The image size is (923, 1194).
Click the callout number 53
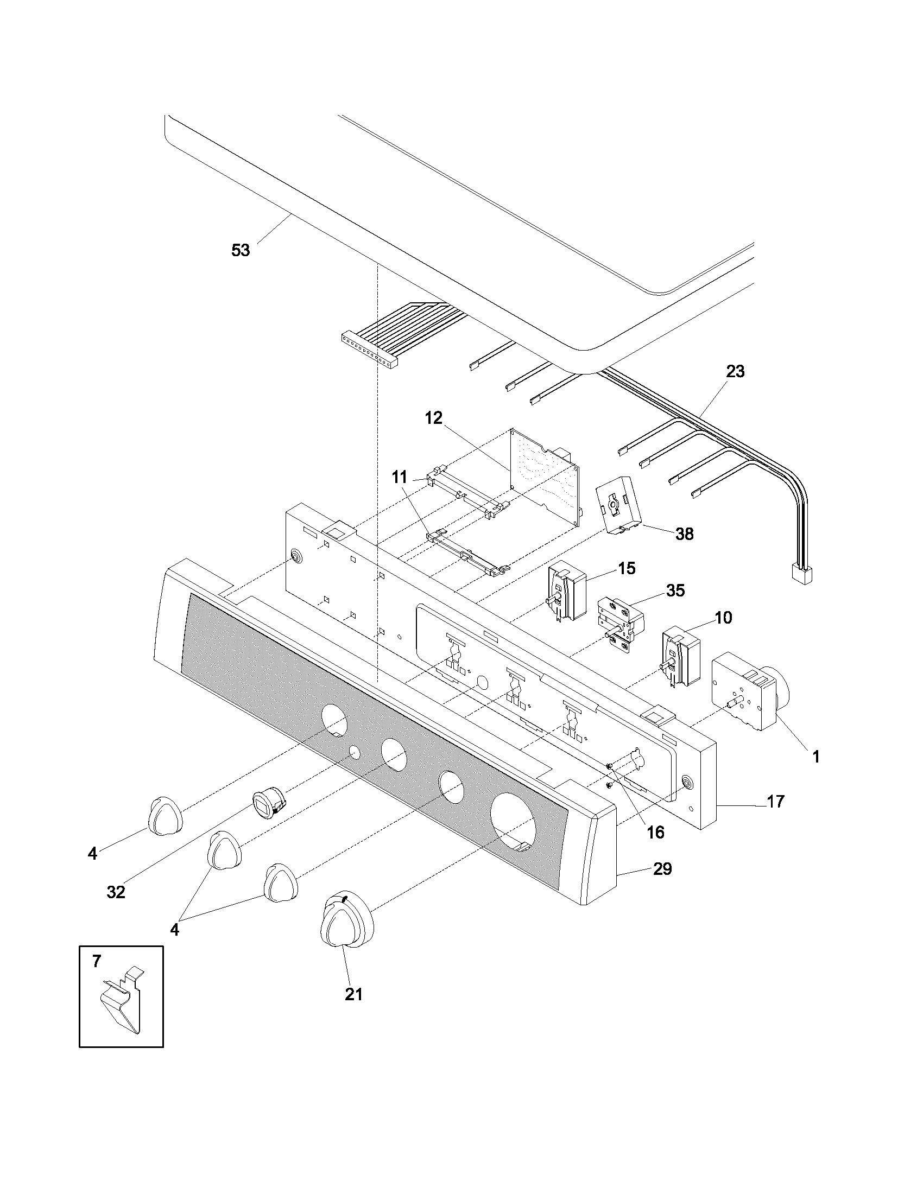[241, 250]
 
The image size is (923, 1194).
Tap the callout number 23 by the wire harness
[735, 372]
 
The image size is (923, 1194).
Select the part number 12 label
[434, 419]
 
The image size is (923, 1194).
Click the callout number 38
[684, 534]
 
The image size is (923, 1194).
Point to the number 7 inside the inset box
[97, 961]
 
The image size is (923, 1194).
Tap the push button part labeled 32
[268, 806]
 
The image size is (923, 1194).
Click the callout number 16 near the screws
[656, 832]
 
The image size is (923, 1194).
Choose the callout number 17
[775, 802]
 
